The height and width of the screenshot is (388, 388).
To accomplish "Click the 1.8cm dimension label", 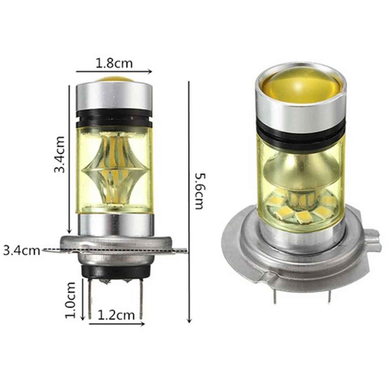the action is [x=114, y=63].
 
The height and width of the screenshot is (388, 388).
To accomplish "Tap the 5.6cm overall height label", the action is [x=200, y=191].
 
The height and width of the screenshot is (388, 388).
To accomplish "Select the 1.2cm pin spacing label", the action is [x=116, y=315].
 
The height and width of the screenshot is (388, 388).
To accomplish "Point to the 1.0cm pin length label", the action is [x=70, y=300].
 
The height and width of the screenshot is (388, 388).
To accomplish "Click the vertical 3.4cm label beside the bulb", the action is [x=60, y=154].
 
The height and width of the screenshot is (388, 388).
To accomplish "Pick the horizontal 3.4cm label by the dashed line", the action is [x=21, y=251].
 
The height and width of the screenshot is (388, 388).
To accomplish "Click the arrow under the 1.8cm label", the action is [x=114, y=72].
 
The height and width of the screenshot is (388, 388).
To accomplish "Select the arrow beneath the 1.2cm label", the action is [x=116, y=324].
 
